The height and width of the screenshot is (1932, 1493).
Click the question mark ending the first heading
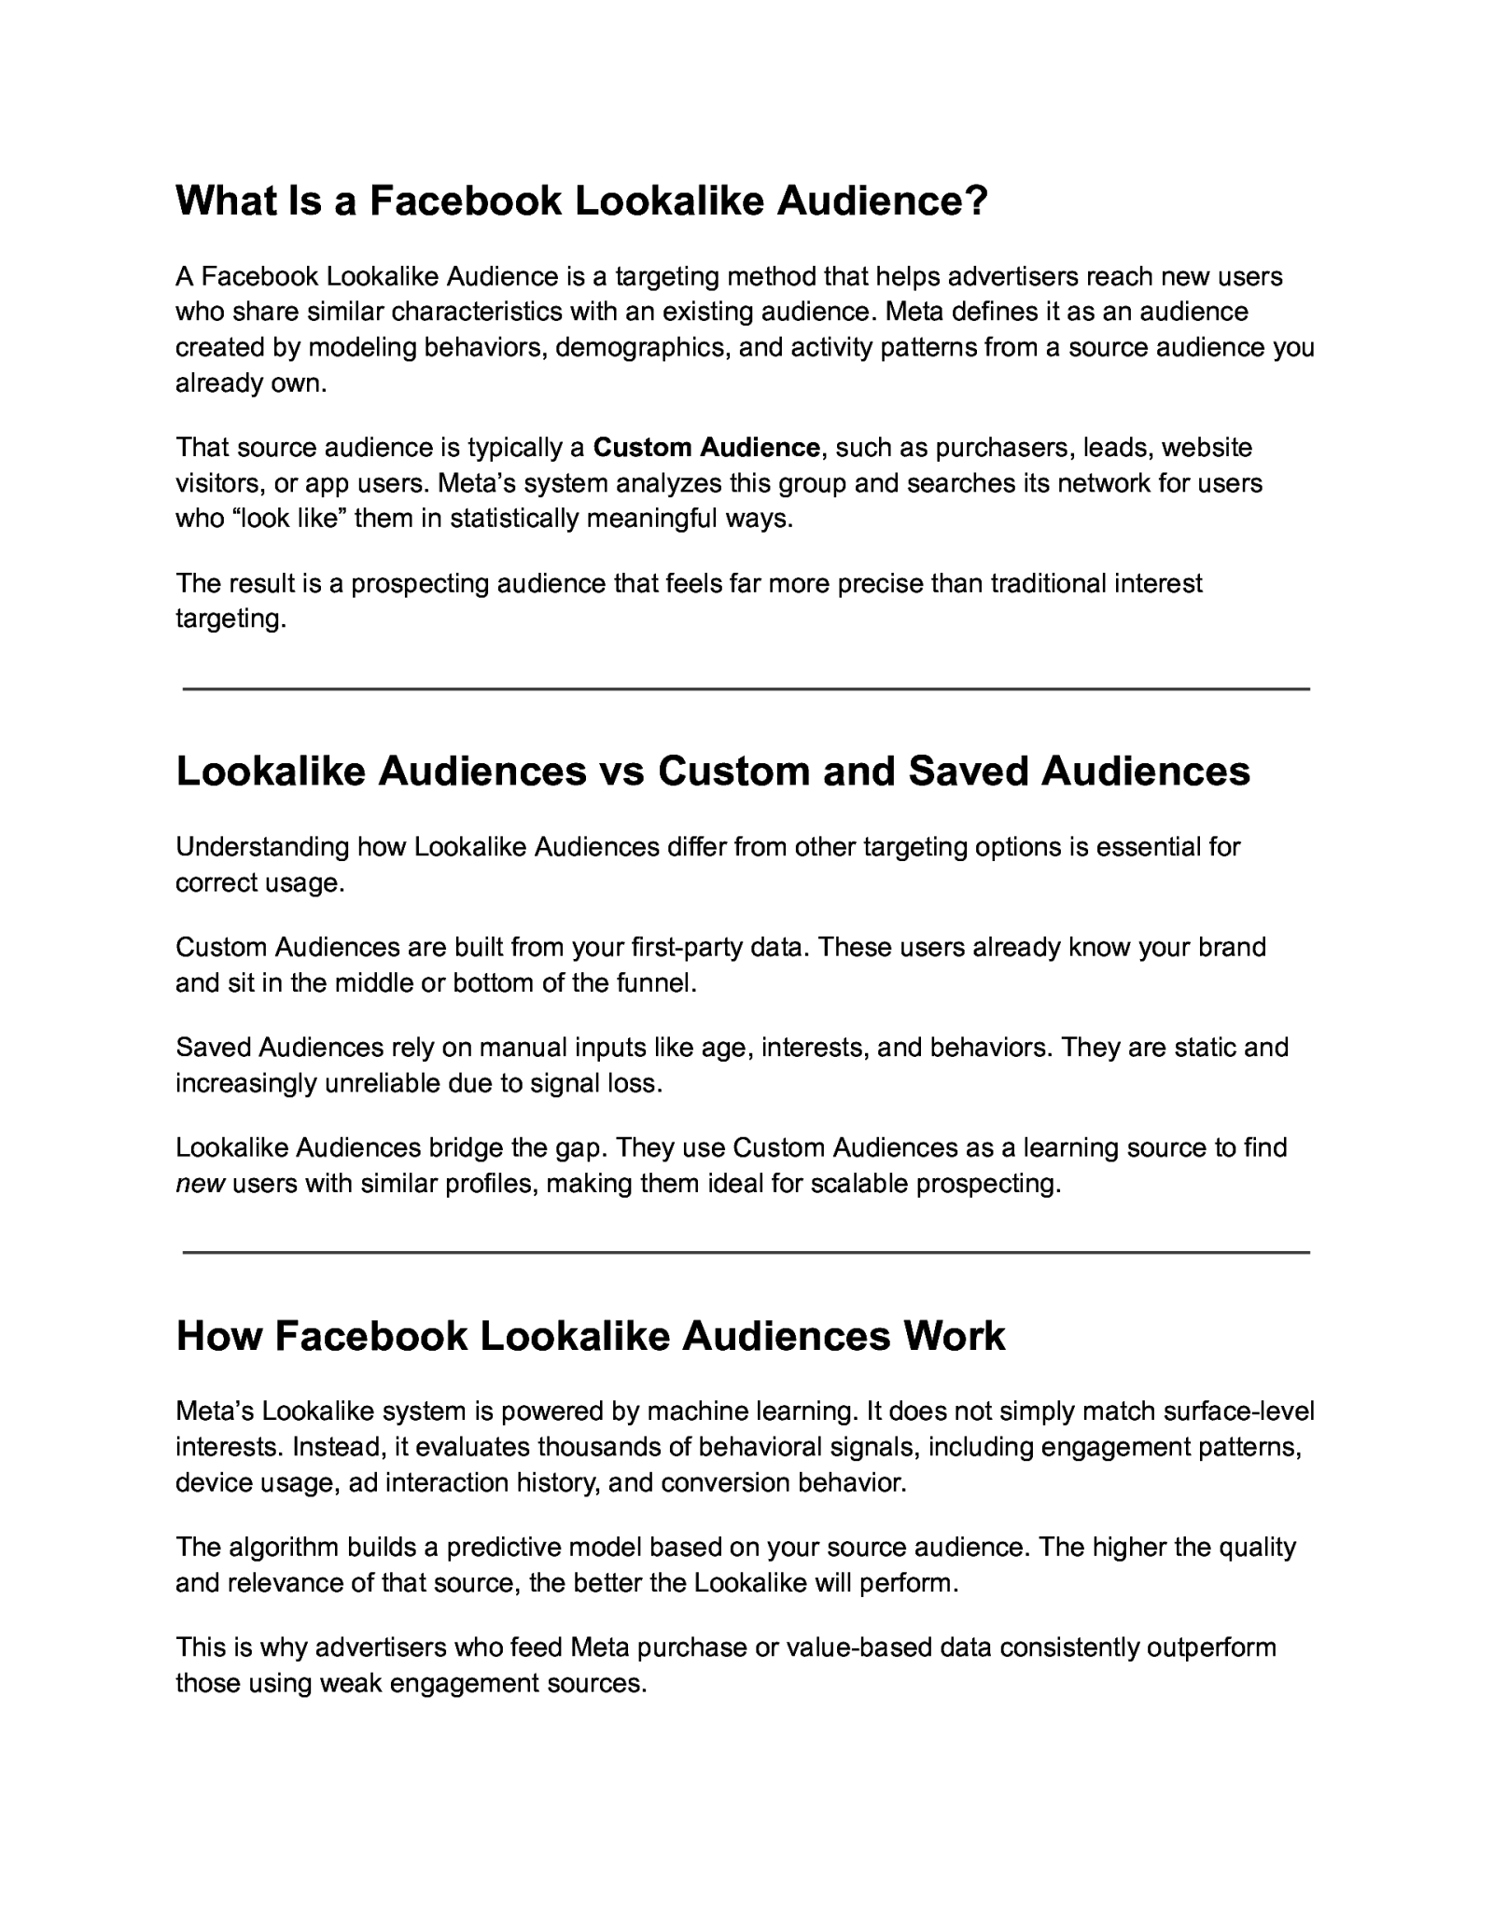(975, 201)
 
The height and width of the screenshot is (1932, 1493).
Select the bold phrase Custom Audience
(706, 448)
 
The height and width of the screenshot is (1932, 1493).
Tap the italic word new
(201, 1184)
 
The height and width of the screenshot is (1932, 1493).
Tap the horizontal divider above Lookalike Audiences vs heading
(746, 689)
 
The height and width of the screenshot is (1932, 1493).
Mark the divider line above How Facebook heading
(746, 1253)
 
